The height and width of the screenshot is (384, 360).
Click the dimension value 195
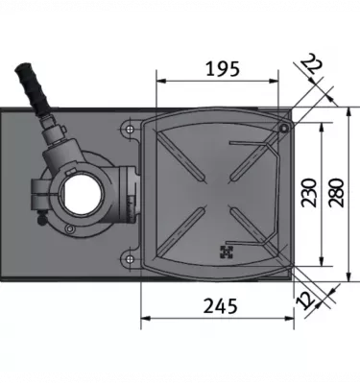[223, 69]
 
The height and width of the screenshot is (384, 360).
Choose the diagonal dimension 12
[305, 300]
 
